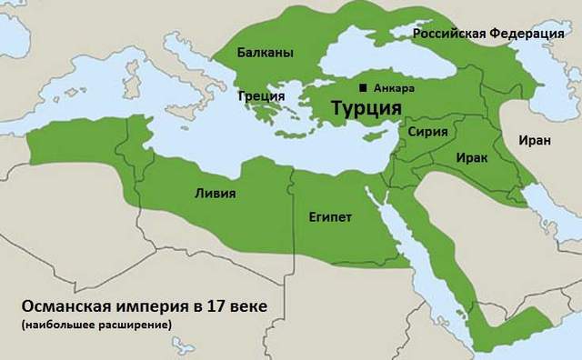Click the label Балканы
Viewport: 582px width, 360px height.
pyautogui.click(x=265, y=54)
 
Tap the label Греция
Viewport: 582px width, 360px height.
pyautogui.click(x=261, y=95)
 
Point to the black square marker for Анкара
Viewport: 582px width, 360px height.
pyautogui.click(x=364, y=88)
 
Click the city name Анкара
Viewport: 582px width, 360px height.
pyautogui.click(x=394, y=88)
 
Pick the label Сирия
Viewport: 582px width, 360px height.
pyautogui.click(x=427, y=132)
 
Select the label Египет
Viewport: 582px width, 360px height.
pyautogui.click(x=330, y=218)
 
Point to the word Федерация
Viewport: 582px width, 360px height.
pyautogui.click(x=531, y=34)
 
